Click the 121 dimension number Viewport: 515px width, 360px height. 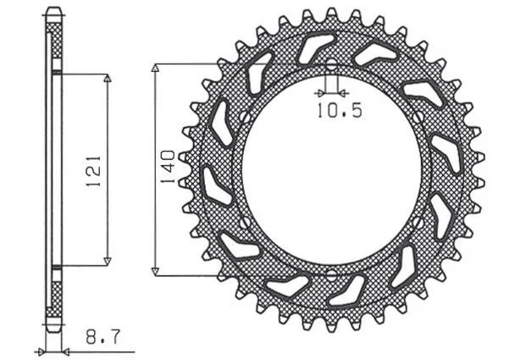coord(94,171)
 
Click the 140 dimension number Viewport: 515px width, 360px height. coord(168,167)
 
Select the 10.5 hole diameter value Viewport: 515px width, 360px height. coord(340,110)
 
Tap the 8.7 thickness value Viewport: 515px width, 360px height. coord(103,337)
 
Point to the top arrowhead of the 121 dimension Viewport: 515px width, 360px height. coord(108,79)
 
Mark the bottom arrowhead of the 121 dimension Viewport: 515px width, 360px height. coord(107,262)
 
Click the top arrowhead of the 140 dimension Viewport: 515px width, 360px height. coord(155,68)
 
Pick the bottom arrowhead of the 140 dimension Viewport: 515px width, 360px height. coord(155,272)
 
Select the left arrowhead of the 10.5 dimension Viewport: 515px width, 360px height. coord(319,94)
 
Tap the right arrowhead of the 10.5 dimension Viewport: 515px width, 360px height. coord(343,94)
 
